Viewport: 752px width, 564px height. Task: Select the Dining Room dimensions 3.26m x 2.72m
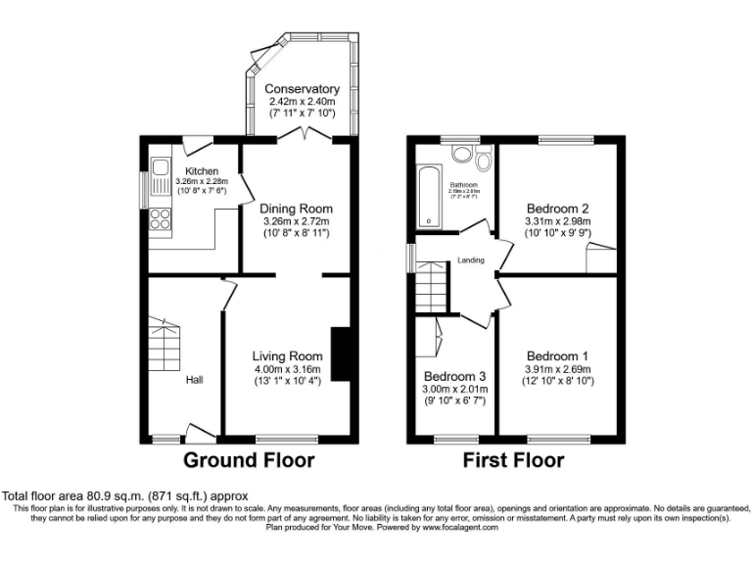coord(296,221)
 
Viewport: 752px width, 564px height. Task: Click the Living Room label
coord(287,355)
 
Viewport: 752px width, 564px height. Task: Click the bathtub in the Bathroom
coord(428,197)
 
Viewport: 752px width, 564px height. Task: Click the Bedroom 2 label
coord(557,209)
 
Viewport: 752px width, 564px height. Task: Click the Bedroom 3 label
coord(454,376)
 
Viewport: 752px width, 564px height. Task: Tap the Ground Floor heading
coord(249,459)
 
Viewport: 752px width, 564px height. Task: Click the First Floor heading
coord(514,459)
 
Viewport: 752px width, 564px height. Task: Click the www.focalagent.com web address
coord(460,527)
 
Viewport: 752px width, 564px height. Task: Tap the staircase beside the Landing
coord(430,291)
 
